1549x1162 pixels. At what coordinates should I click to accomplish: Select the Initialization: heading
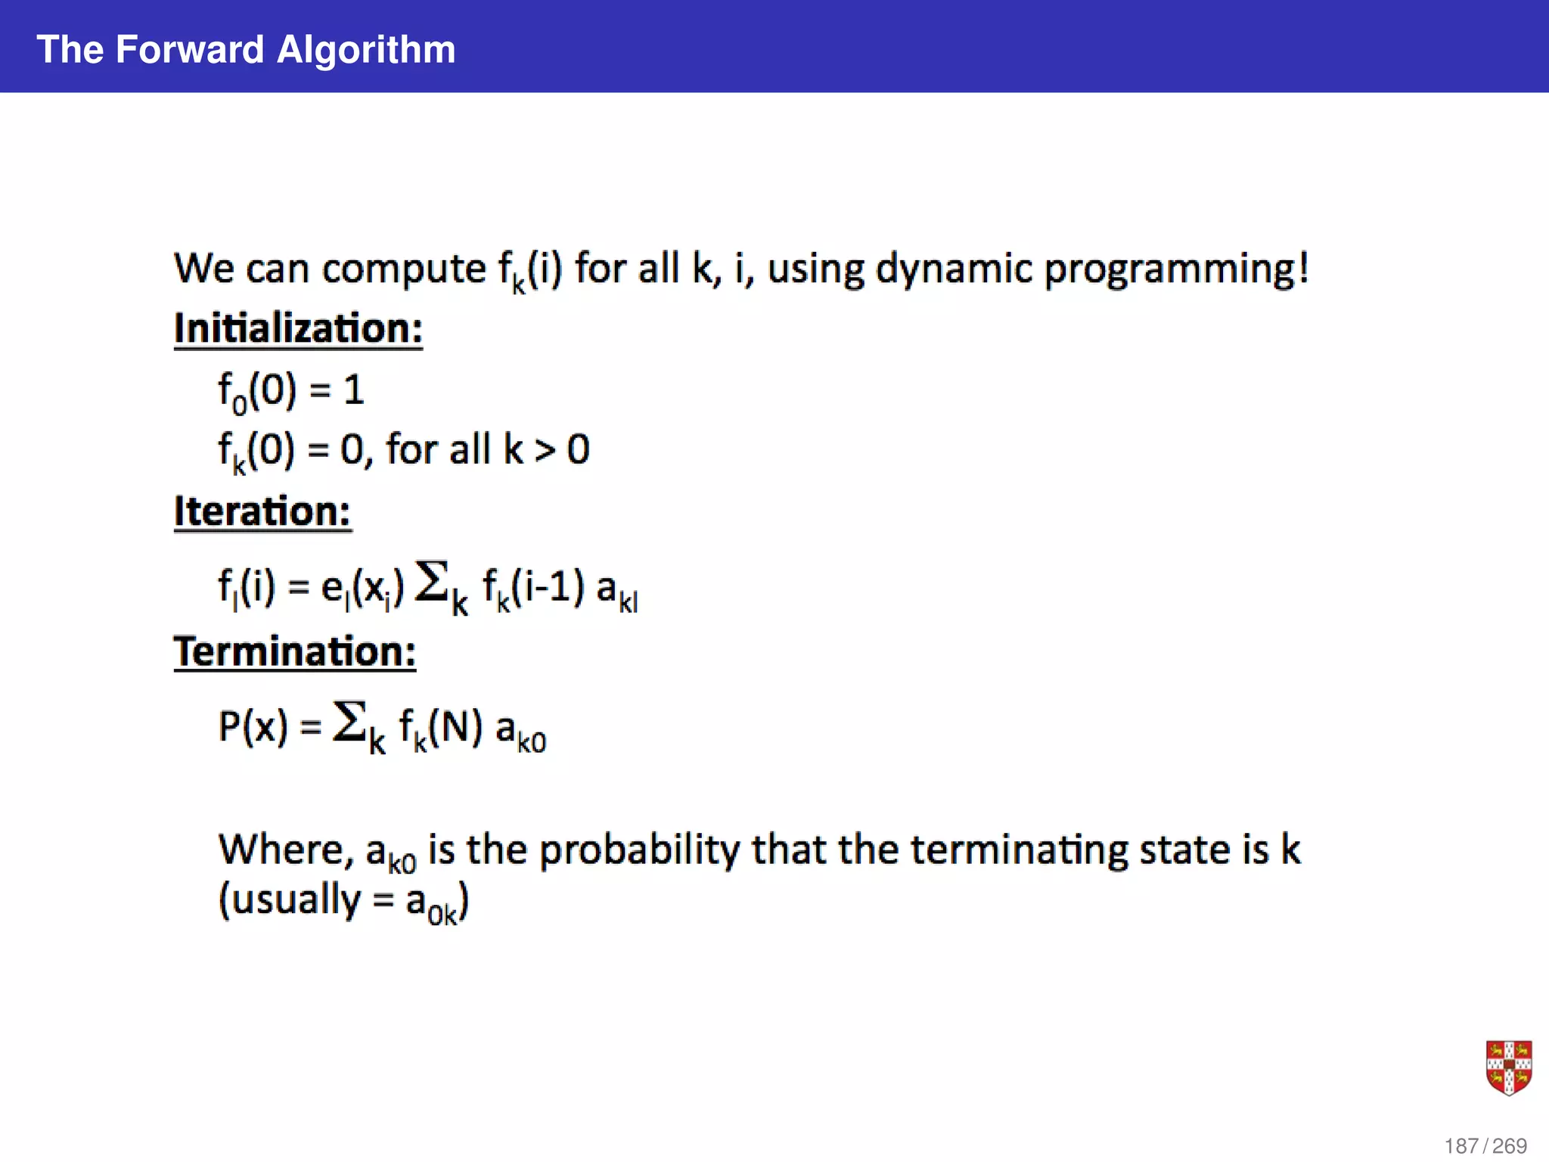298,329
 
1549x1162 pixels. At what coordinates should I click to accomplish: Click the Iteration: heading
262,512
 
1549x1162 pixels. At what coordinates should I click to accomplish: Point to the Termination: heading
295,652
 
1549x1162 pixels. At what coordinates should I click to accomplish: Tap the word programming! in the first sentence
1176,269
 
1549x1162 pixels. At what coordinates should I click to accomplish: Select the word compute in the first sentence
404,271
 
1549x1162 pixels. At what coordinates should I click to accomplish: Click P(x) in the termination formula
253,726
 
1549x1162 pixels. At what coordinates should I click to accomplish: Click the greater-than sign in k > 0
545,452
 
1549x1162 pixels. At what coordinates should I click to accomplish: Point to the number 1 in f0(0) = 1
354,391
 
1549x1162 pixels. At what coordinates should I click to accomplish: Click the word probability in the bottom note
639,850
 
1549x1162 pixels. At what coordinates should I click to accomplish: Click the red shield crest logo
1508,1067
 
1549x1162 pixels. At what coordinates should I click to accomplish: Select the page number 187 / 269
1485,1146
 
